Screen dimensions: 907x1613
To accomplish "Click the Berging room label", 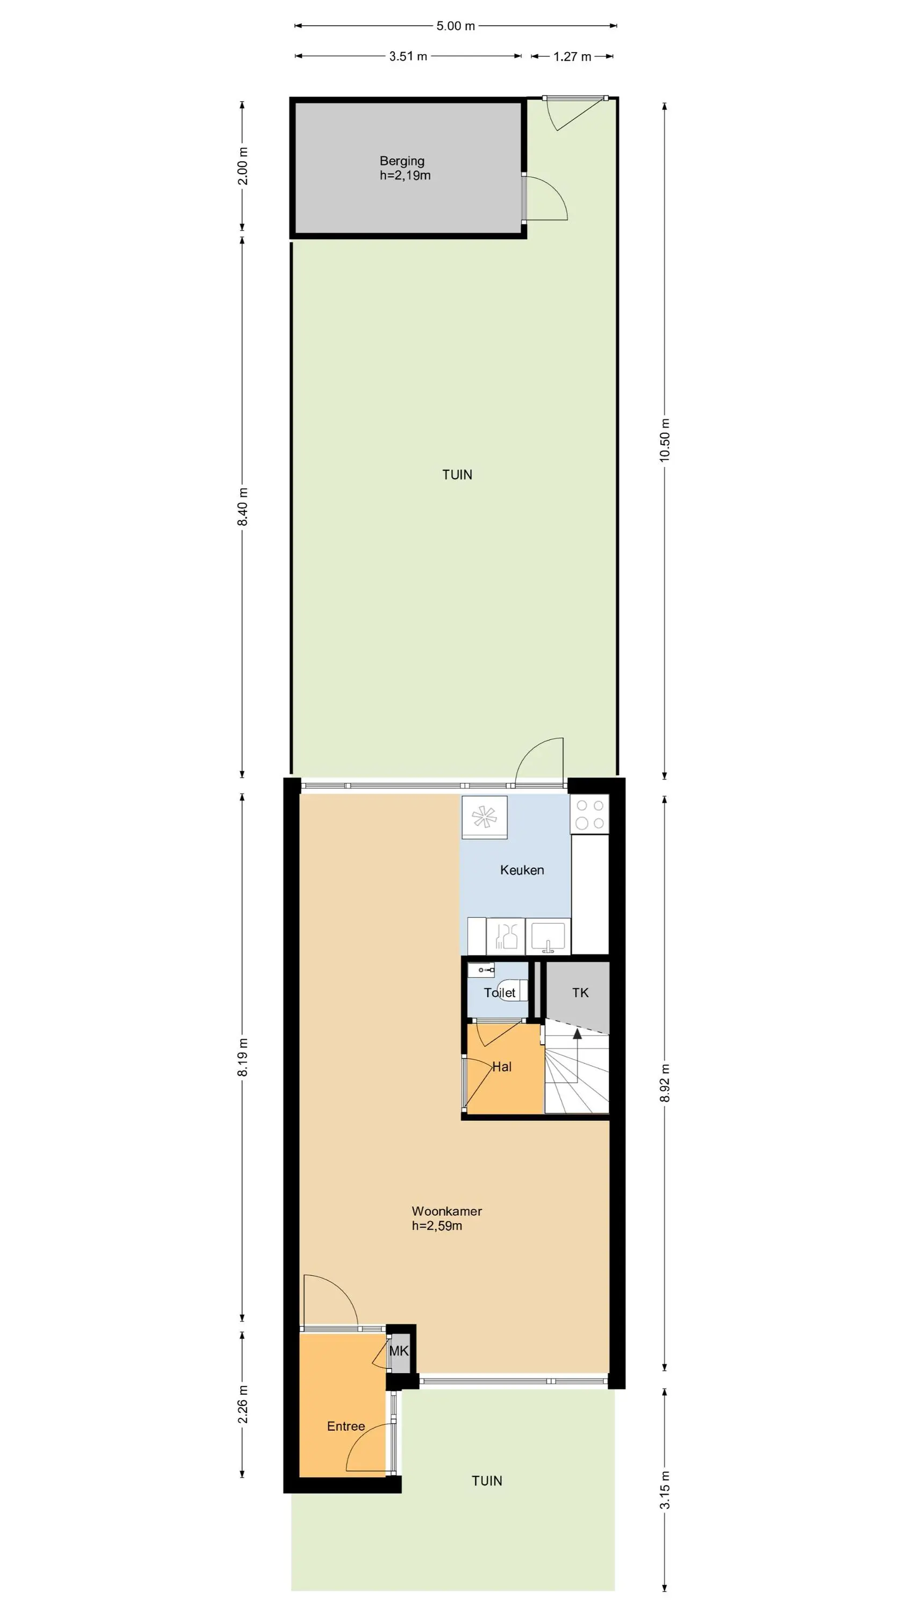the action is [402, 161].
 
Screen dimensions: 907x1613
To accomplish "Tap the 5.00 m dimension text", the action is [456, 26].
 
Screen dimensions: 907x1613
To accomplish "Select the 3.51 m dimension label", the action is [408, 56].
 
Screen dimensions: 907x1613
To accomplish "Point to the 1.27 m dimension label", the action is [572, 57].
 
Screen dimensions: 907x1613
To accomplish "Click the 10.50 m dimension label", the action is [665, 440].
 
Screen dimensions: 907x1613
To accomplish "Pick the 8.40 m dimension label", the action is [243, 507].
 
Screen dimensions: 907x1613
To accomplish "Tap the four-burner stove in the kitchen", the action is [589, 814].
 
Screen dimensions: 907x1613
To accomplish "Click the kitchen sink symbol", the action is [548, 937].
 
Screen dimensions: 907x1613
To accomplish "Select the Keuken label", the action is [522, 870].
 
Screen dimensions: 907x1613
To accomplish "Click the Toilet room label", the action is [500, 993].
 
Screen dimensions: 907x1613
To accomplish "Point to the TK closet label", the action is [580, 993].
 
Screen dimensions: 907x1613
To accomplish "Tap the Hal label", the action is [502, 1066].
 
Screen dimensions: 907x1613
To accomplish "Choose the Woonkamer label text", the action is [447, 1211].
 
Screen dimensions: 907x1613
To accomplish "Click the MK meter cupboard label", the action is [399, 1351].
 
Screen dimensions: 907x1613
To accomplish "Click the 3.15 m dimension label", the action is [665, 1490].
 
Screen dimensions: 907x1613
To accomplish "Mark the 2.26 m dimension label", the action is [243, 1404].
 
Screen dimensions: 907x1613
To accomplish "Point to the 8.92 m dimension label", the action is [665, 1083].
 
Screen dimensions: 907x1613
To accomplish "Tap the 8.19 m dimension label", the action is [243, 1057].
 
